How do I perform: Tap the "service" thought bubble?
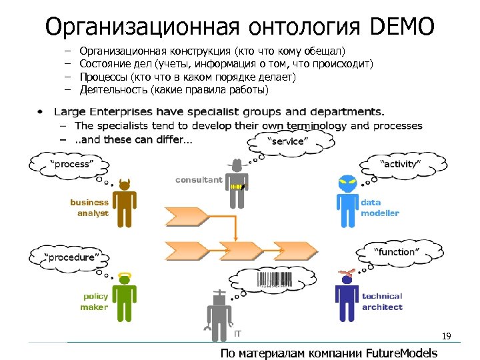(288, 141)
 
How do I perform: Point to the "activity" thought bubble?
(400, 164)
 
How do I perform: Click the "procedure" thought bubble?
(71, 257)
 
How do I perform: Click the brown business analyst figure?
(124, 203)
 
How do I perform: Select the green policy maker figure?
(123, 297)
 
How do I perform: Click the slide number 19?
(446, 337)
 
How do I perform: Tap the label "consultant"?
(199, 180)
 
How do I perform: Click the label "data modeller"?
(380, 208)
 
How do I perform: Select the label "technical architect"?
(382, 301)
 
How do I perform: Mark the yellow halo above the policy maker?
(124, 275)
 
